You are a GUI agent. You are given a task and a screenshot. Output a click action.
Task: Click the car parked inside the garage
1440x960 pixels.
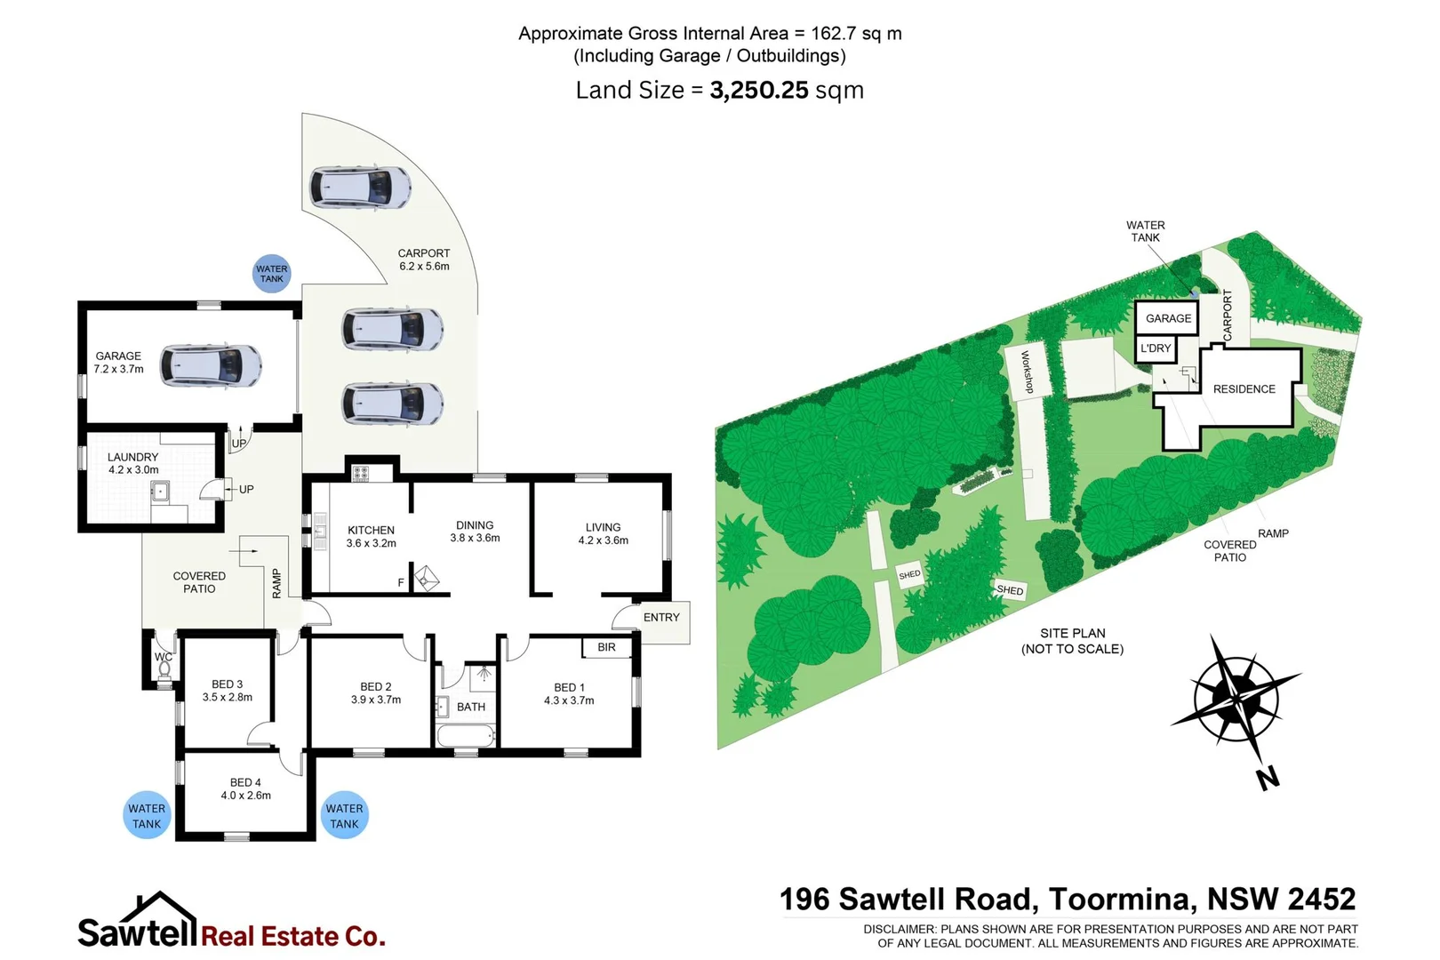coord(211,365)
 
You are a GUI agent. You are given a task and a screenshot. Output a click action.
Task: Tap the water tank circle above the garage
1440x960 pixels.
coord(271,273)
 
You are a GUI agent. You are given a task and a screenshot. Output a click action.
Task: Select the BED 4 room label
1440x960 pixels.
coord(245,782)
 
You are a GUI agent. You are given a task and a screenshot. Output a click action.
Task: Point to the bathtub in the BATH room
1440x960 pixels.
coord(465,736)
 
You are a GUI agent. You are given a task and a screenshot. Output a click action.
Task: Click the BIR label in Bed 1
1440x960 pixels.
coord(606,647)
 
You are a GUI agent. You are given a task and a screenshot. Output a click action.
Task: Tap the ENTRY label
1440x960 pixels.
coord(661,617)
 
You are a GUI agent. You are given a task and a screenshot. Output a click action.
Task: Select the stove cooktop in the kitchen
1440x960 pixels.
coord(361,473)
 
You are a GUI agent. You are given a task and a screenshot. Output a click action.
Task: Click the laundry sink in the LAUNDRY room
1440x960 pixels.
coord(160,492)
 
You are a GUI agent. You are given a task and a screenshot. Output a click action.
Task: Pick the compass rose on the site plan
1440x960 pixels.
coord(1236,699)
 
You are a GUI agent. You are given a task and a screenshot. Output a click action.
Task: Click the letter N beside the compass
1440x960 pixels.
coord(1268,778)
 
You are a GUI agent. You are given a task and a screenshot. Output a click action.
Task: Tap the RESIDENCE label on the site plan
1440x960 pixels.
coord(1244,389)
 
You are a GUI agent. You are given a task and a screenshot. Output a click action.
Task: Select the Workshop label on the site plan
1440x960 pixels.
coord(1027,372)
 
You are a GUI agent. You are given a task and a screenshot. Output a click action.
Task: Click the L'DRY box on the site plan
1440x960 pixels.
coord(1156,348)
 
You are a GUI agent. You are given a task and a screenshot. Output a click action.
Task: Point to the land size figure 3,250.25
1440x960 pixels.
coord(758,91)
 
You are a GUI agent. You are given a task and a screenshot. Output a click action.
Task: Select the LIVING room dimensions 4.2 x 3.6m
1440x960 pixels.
coord(603,540)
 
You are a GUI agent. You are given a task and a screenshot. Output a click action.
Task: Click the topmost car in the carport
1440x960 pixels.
coord(360,188)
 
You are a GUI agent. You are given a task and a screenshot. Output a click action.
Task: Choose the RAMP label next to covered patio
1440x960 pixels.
coord(276,583)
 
